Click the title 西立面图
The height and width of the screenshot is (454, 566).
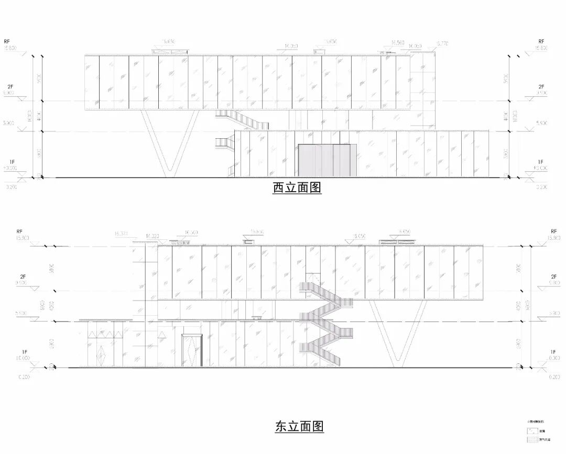pos(297,187)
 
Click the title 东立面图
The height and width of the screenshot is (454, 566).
pos(299,426)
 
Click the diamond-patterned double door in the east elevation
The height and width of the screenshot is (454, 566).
pos(191,350)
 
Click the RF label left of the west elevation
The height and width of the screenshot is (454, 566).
pos(7,41)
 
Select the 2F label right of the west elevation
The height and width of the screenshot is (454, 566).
pos(542,86)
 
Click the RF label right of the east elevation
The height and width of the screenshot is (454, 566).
pos(553,231)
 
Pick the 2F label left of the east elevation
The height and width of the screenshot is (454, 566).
pos(19,276)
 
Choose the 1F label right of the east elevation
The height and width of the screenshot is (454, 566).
pos(553,352)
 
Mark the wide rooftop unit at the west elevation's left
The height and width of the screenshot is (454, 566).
pos(170,51)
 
